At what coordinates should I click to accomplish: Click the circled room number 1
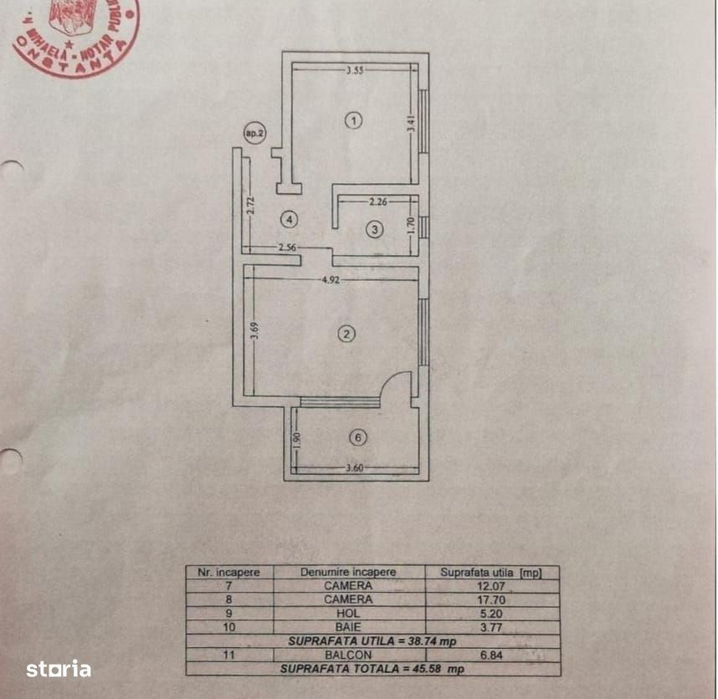tap(354, 120)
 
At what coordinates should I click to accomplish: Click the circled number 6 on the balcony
tap(358, 437)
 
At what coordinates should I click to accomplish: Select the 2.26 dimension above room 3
tap(379, 202)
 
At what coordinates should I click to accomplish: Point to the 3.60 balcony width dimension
tap(356, 468)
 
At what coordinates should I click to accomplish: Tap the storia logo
tap(58, 668)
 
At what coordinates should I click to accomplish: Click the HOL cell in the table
tap(348, 613)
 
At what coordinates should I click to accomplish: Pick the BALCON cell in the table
tap(348, 655)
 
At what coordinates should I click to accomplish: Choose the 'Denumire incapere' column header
tap(348, 573)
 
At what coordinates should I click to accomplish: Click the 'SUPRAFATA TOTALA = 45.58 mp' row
tap(372, 669)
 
